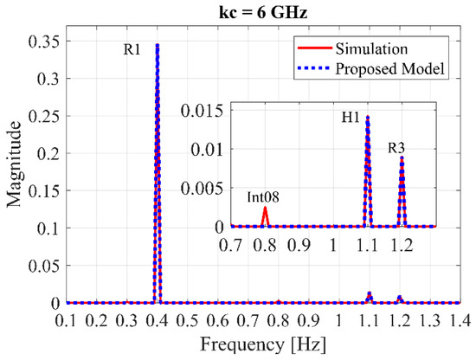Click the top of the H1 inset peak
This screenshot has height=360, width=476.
coord(368,116)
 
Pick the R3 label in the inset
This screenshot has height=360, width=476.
coord(399,148)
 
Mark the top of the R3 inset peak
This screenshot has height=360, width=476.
coord(402,157)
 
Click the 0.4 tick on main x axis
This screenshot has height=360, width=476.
coord(157,320)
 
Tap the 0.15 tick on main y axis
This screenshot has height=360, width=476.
coord(44,190)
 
